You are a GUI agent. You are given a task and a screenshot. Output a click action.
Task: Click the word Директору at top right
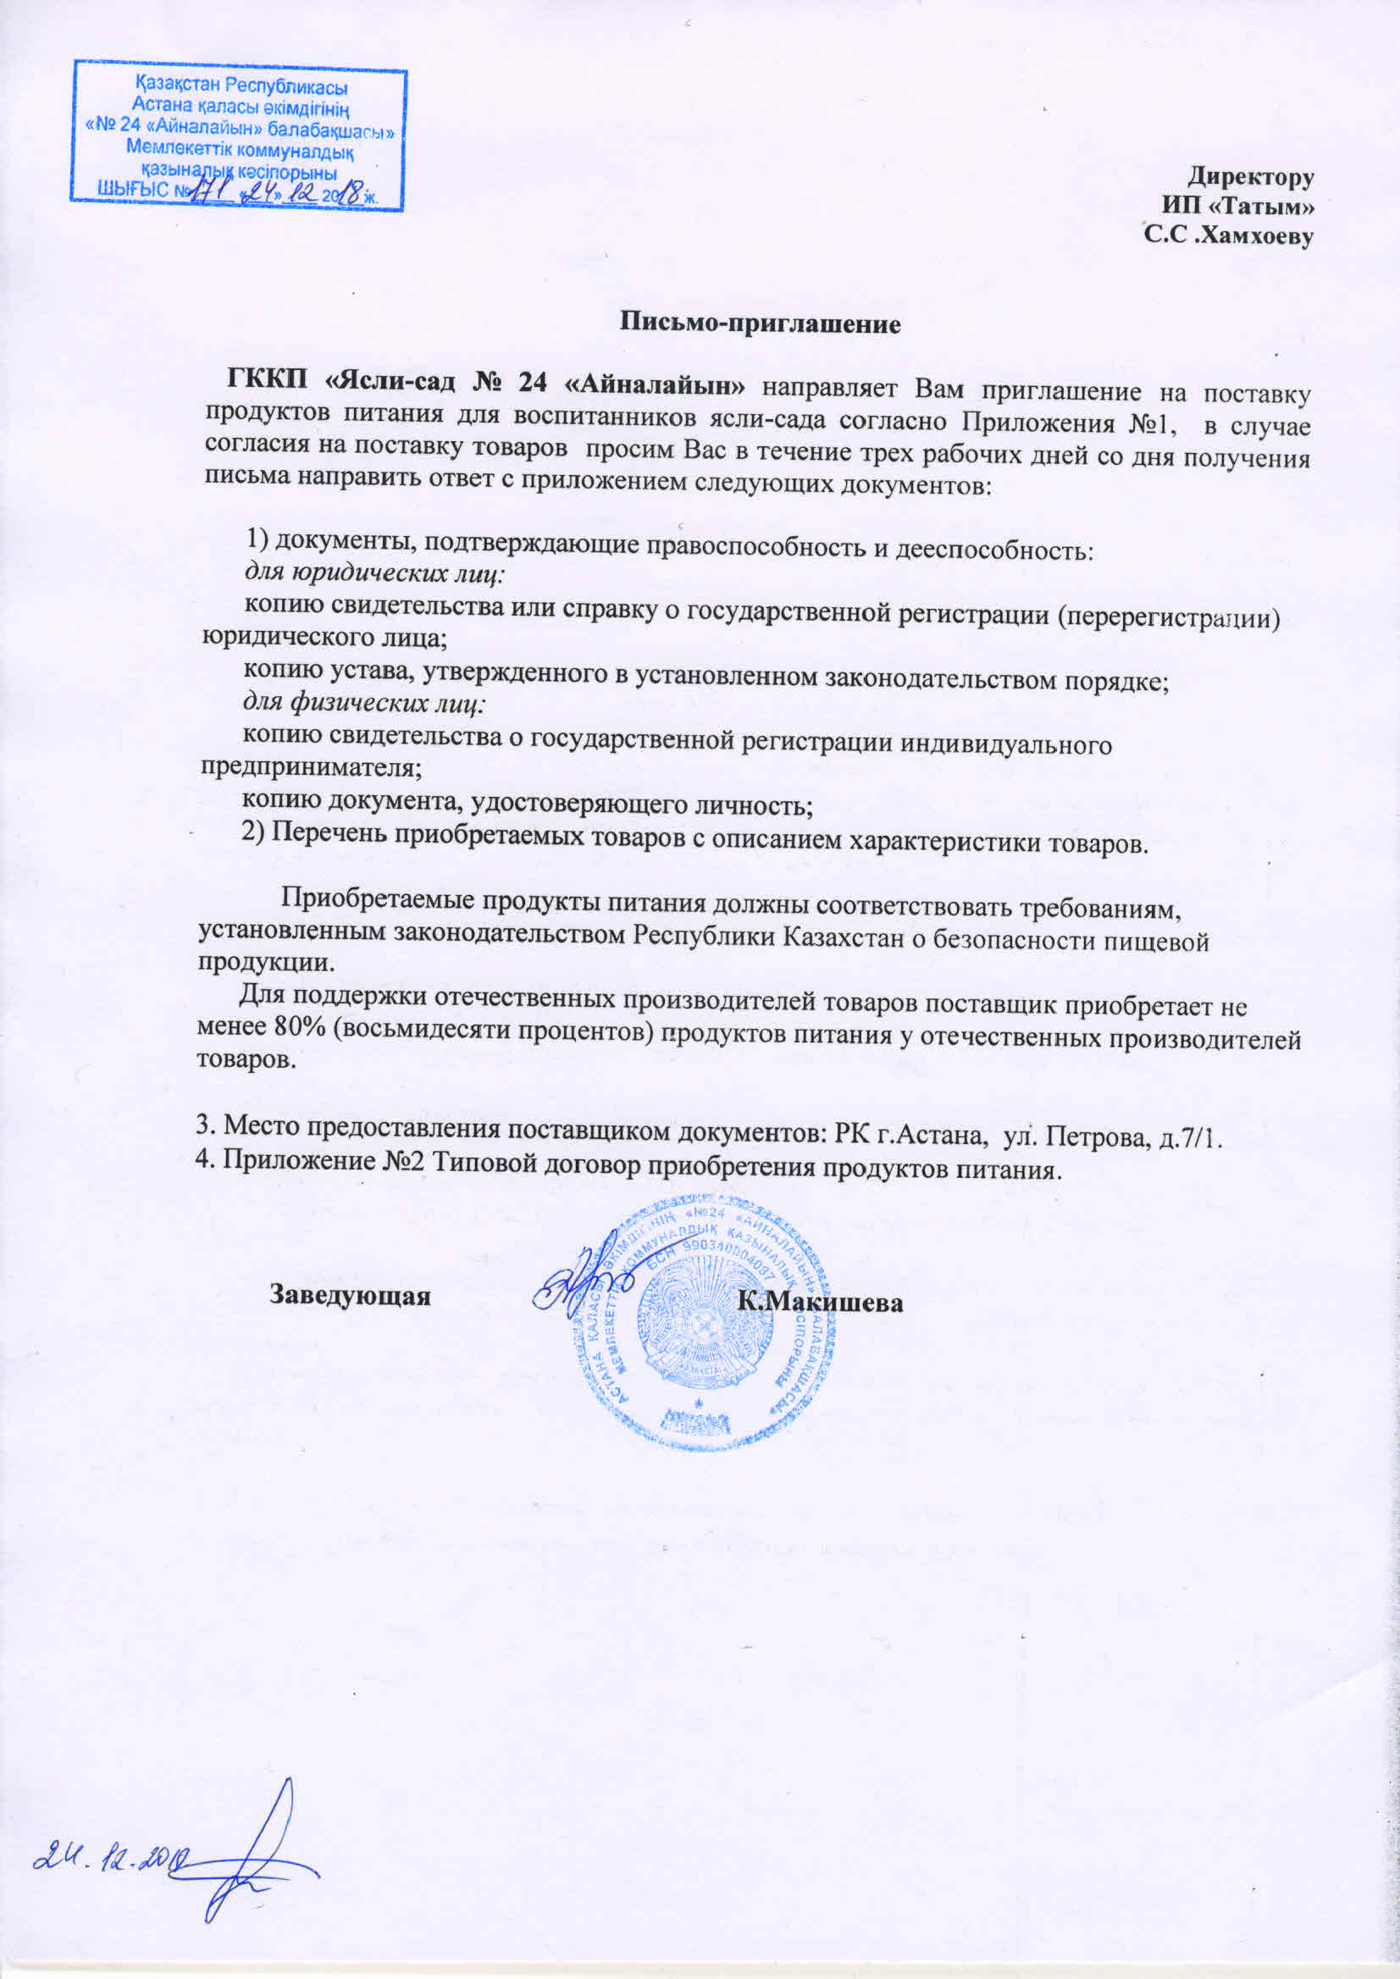coord(1251,177)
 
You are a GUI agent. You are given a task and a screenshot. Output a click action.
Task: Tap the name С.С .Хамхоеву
coord(1228,235)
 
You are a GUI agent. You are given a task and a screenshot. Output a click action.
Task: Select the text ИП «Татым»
coord(1238,207)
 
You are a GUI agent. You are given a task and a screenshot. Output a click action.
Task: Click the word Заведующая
coord(350,1296)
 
